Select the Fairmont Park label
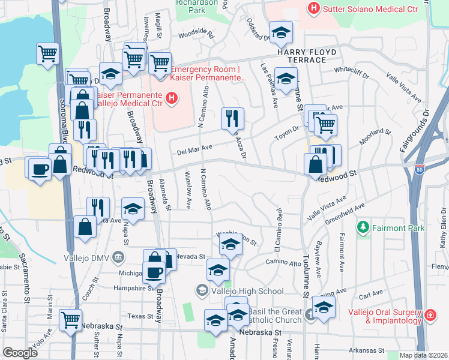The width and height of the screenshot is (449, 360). pos(399,228)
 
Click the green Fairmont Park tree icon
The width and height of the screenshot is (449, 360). pos(362,228)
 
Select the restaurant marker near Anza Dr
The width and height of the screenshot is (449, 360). pos(232,119)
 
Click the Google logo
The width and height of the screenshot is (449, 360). pos(20,353)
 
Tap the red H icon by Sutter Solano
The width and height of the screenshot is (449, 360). pos(313,8)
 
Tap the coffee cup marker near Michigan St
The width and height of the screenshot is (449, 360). pos(153,272)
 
